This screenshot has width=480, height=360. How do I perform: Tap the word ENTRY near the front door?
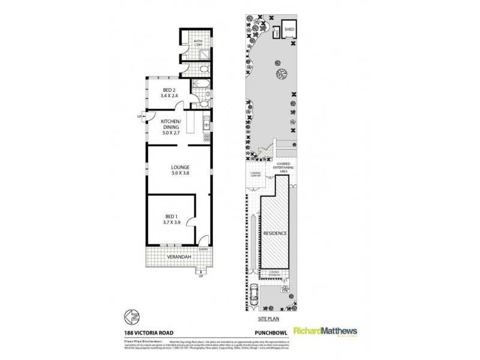[203, 249]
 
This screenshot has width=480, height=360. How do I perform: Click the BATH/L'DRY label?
[199, 43]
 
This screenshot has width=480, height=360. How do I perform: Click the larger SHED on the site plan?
[291, 28]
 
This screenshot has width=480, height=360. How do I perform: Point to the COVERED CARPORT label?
[255, 175]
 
